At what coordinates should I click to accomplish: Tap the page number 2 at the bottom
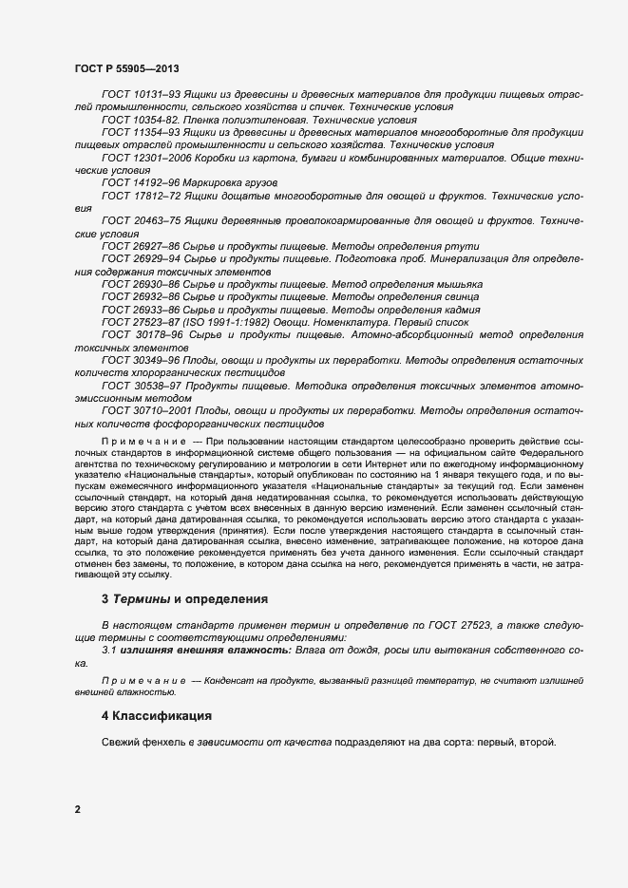(x=78, y=810)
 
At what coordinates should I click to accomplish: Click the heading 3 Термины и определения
(x=185, y=599)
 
